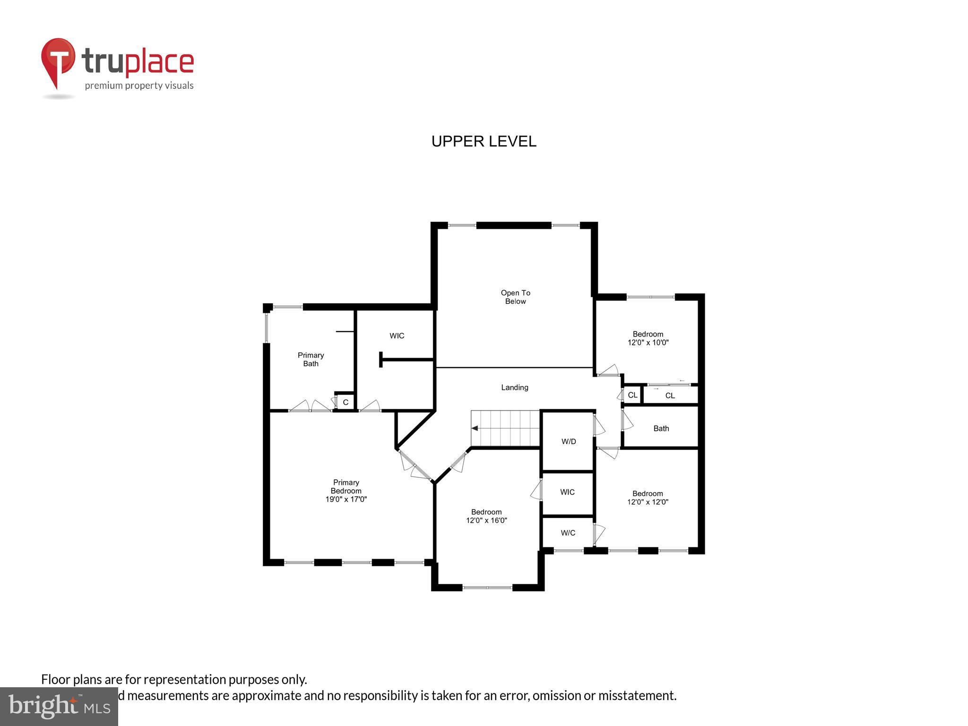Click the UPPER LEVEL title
(x=484, y=141)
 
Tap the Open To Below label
(x=515, y=297)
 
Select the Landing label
(x=514, y=388)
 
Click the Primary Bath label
(x=311, y=359)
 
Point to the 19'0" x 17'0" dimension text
(x=346, y=499)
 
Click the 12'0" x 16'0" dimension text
(x=486, y=520)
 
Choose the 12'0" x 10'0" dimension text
(x=648, y=343)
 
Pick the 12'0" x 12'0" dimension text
(x=648, y=502)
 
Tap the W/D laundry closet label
(x=569, y=441)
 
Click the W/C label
(x=568, y=533)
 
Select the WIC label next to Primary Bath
(x=397, y=336)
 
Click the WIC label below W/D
(x=567, y=492)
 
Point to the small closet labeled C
(x=346, y=402)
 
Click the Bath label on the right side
(x=661, y=428)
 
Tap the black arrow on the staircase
(x=475, y=428)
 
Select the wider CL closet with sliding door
(x=670, y=396)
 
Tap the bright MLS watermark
(x=59, y=707)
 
